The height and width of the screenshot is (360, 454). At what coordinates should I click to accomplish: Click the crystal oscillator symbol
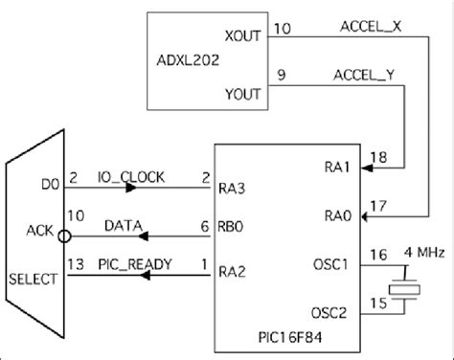coord(409,291)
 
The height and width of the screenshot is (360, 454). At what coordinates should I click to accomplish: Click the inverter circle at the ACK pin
coord(63,231)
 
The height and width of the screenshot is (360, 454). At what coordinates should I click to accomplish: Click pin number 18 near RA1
coord(378,155)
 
